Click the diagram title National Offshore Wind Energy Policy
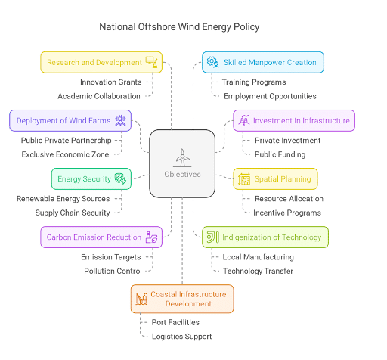pyautogui.click(x=179, y=27)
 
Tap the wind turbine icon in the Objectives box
pyautogui.click(x=182, y=157)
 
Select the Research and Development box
pyautogui.click(x=101, y=62)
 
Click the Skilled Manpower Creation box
pyautogui.click(x=263, y=62)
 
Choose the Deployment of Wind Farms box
pyautogui.click(x=70, y=120)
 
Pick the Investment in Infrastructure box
pyautogui.click(x=294, y=120)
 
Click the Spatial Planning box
pyautogui.click(x=275, y=179)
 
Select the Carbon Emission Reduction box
pyautogui.click(x=101, y=237)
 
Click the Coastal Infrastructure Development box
pyautogui.click(x=182, y=299)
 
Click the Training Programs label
pyautogui.click(x=253, y=82)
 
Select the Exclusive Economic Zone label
pyautogui.click(x=65, y=154)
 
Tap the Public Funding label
pyautogui.click(x=279, y=154)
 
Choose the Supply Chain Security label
pyautogui.click(x=73, y=213)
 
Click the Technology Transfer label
pyautogui.click(x=258, y=271)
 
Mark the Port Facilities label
pyautogui.click(x=175, y=322)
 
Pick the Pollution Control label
pyautogui.click(x=113, y=271)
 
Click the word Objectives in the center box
pyautogui.click(x=182, y=175)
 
